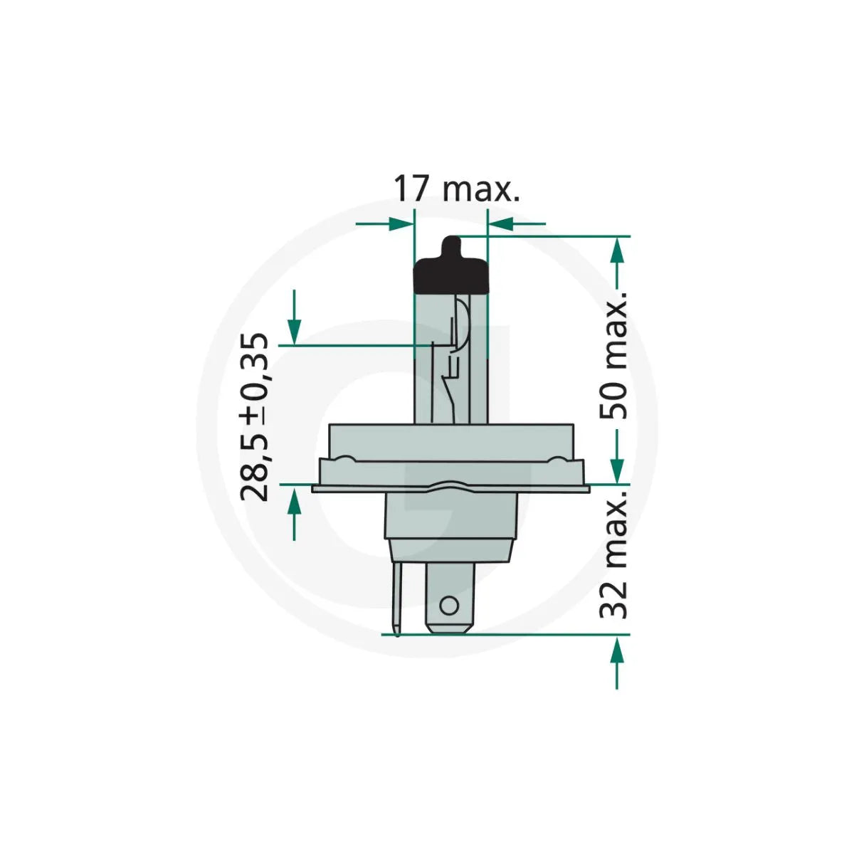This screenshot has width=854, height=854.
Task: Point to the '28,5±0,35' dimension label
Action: [255, 417]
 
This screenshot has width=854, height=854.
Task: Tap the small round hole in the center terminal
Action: [448, 606]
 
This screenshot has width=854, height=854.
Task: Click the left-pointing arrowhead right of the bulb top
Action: [500, 223]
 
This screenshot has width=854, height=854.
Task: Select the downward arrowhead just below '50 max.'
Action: [618, 470]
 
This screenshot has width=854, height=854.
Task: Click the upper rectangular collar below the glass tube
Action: [451, 441]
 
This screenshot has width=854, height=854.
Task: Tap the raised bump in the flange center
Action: [450, 486]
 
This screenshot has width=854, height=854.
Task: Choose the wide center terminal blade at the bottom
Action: [448, 594]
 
